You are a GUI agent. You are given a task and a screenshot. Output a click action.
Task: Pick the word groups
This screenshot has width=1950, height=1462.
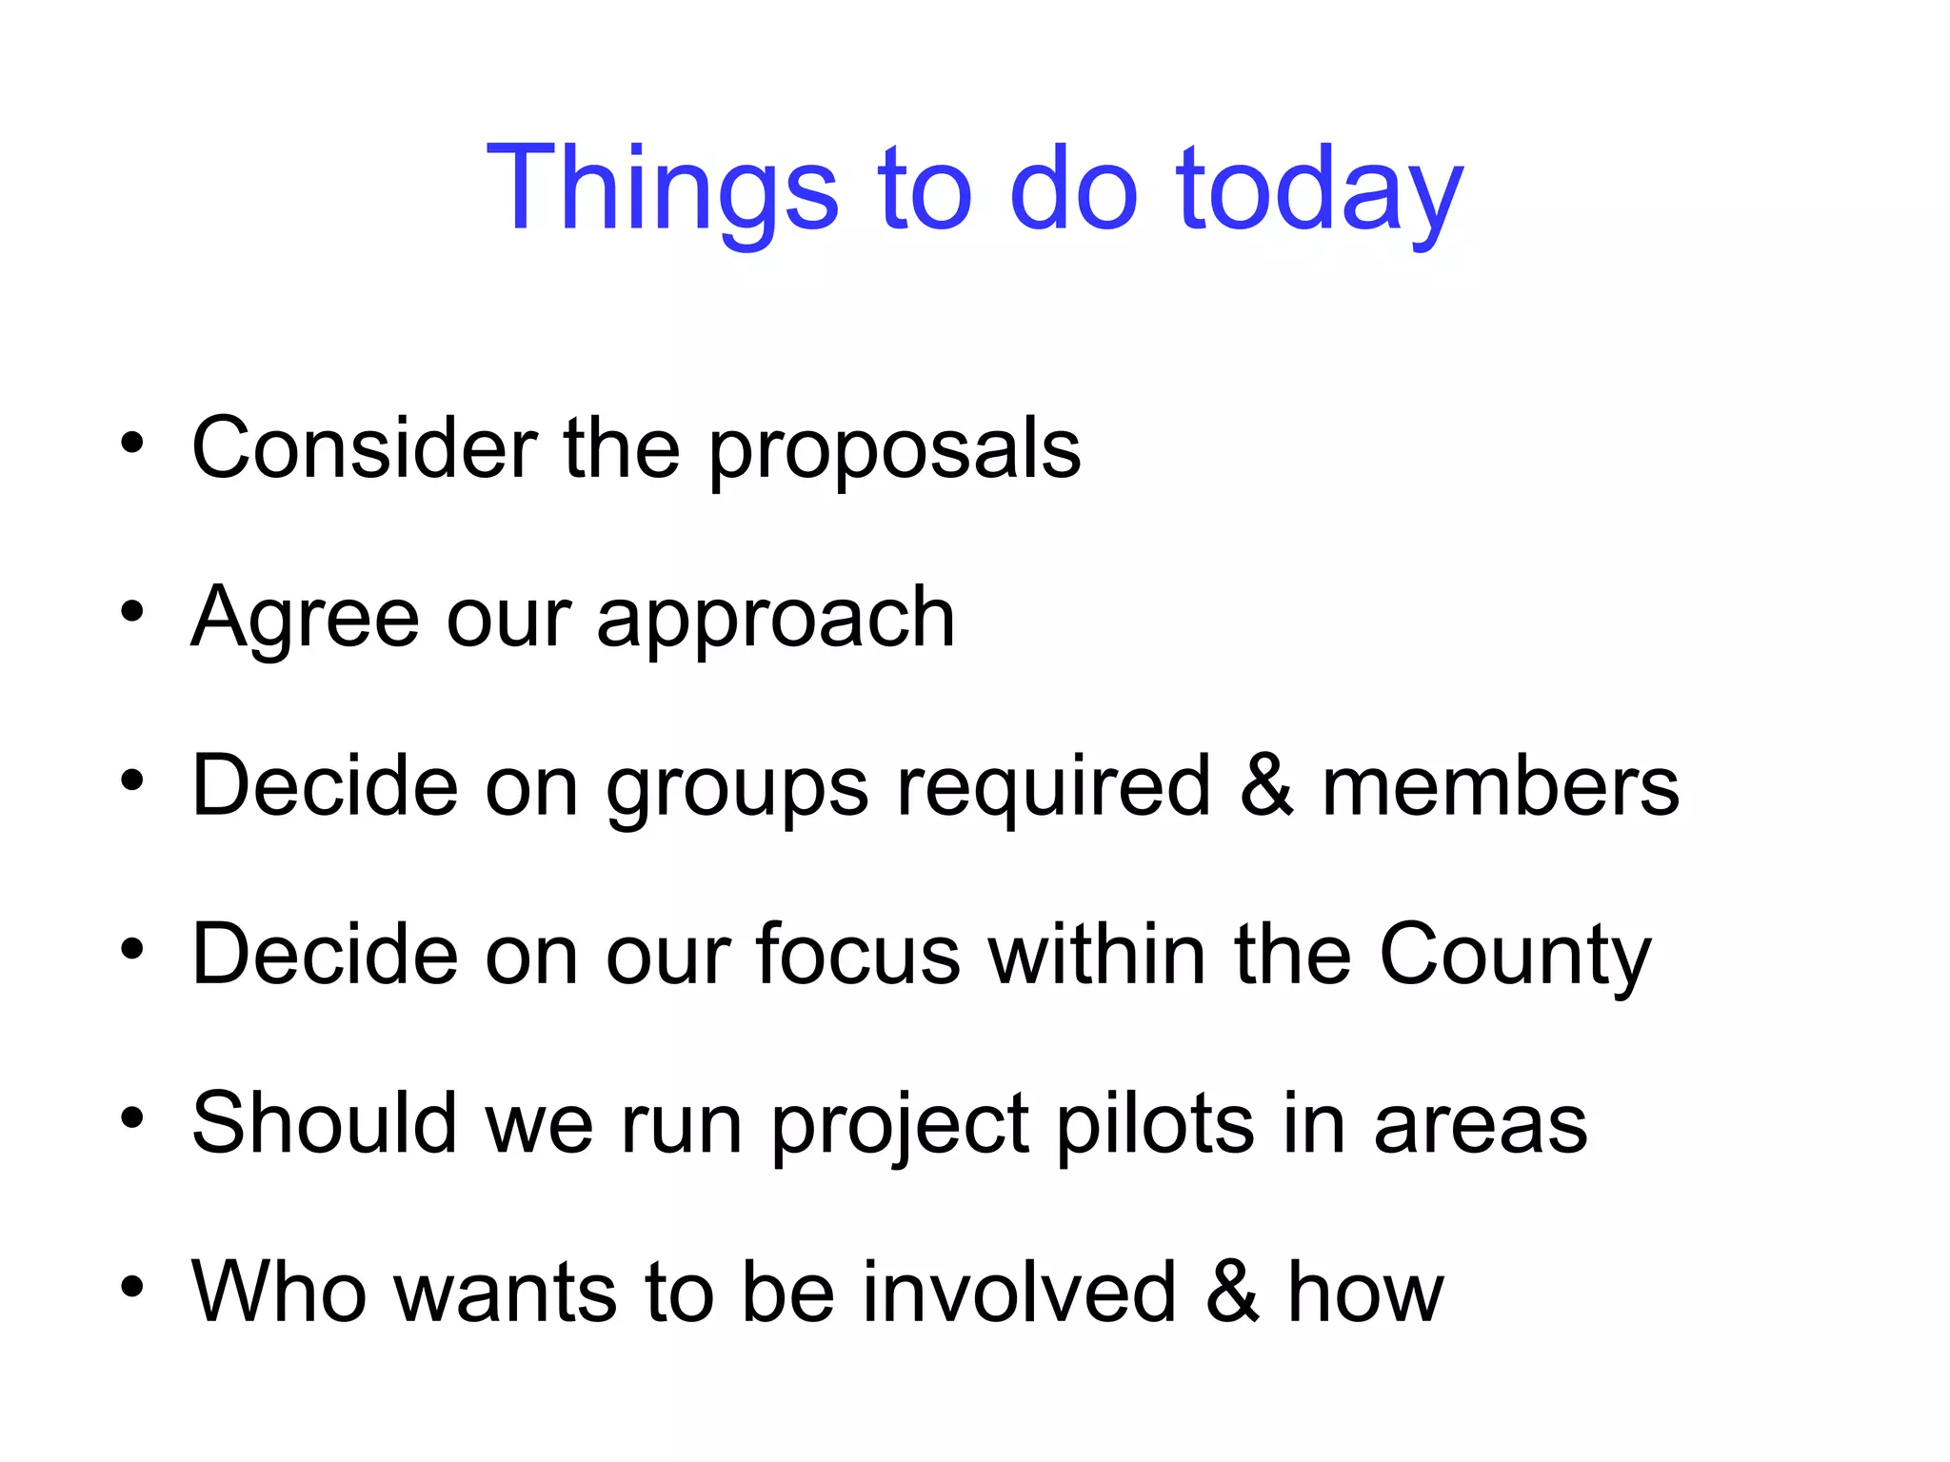click(x=737, y=788)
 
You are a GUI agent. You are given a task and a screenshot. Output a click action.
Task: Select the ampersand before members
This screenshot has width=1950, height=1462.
click(x=1266, y=786)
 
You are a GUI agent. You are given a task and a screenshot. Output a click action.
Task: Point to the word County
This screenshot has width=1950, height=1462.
click(x=1515, y=956)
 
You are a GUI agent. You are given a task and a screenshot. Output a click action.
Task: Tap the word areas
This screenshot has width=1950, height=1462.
click(x=1481, y=1125)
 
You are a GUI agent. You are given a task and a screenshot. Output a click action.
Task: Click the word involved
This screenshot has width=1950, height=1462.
click(x=1020, y=1292)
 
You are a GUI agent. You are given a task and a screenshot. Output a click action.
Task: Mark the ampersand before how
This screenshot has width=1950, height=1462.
click(x=1232, y=1292)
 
